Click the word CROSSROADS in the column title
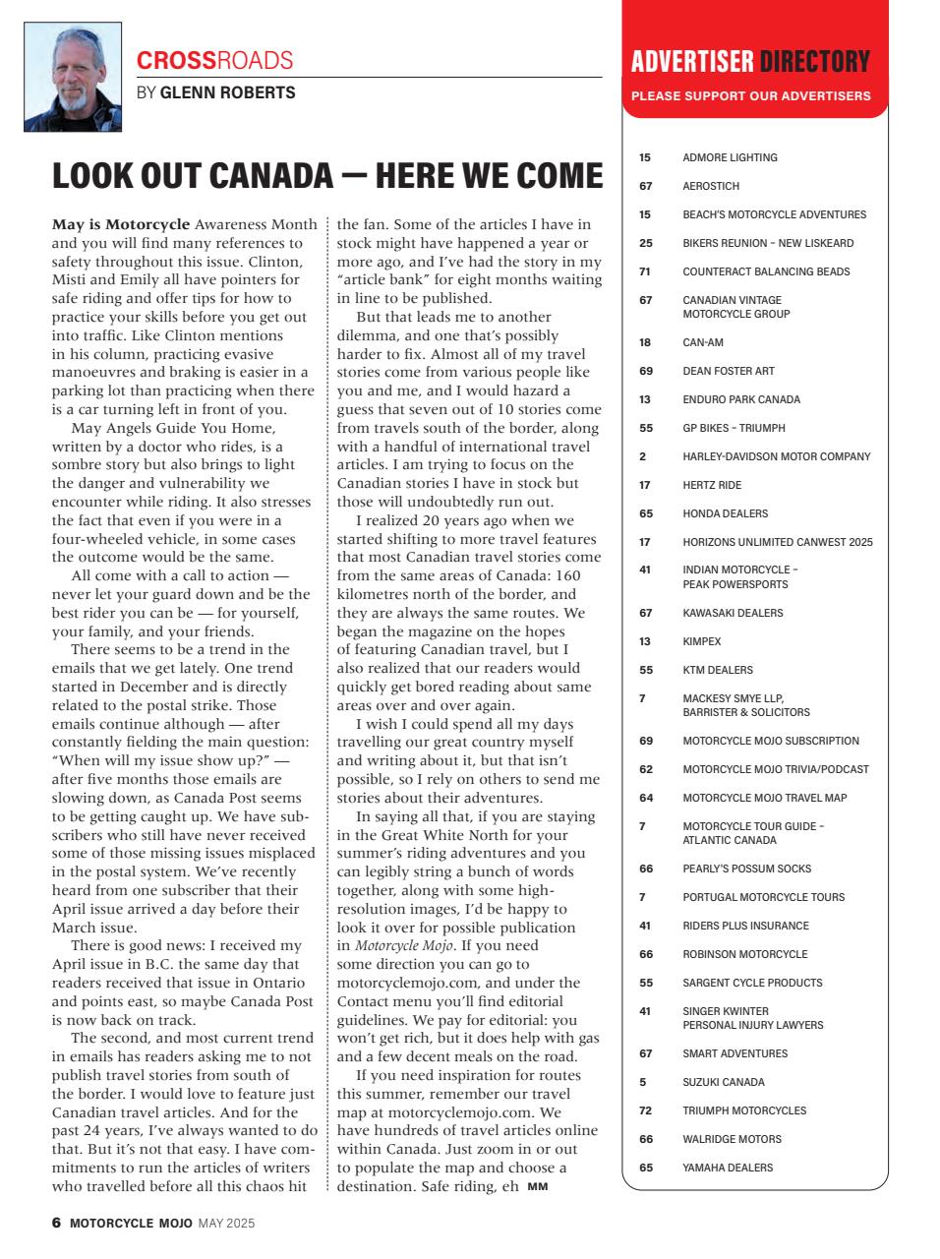(x=214, y=60)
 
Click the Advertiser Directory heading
(x=750, y=62)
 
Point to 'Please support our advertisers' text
(x=750, y=96)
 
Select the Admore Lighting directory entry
(x=730, y=157)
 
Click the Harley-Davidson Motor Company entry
(x=776, y=456)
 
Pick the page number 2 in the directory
(x=643, y=456)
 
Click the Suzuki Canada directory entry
(x=724, y=1082)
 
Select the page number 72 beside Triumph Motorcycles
(x=645, y=1110)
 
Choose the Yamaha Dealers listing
(x=728, y=1168)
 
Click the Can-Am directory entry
(x=703, y=342)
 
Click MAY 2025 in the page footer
(x=226, y=1224)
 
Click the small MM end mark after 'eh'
(x=538, y=1187)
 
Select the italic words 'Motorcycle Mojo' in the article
(x=404, y=946)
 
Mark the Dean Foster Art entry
(x=729, y=371)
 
